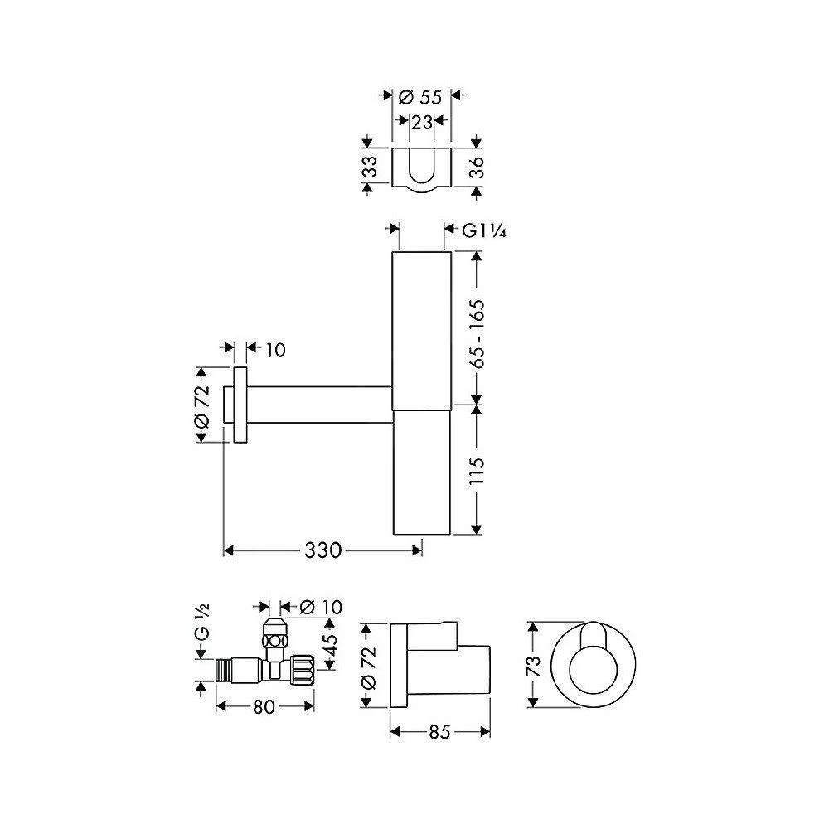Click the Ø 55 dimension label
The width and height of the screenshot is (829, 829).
419,97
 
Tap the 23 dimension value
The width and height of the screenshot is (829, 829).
422,123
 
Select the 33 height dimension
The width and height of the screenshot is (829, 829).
371,167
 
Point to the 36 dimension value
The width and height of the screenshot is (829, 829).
477,167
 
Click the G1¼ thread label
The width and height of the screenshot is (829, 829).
484,230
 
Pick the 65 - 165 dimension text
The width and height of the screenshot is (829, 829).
477,333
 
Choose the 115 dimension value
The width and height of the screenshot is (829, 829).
477,471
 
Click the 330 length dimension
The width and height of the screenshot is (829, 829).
323,551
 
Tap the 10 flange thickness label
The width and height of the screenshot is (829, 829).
275,350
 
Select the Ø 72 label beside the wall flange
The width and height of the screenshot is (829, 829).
201,406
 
